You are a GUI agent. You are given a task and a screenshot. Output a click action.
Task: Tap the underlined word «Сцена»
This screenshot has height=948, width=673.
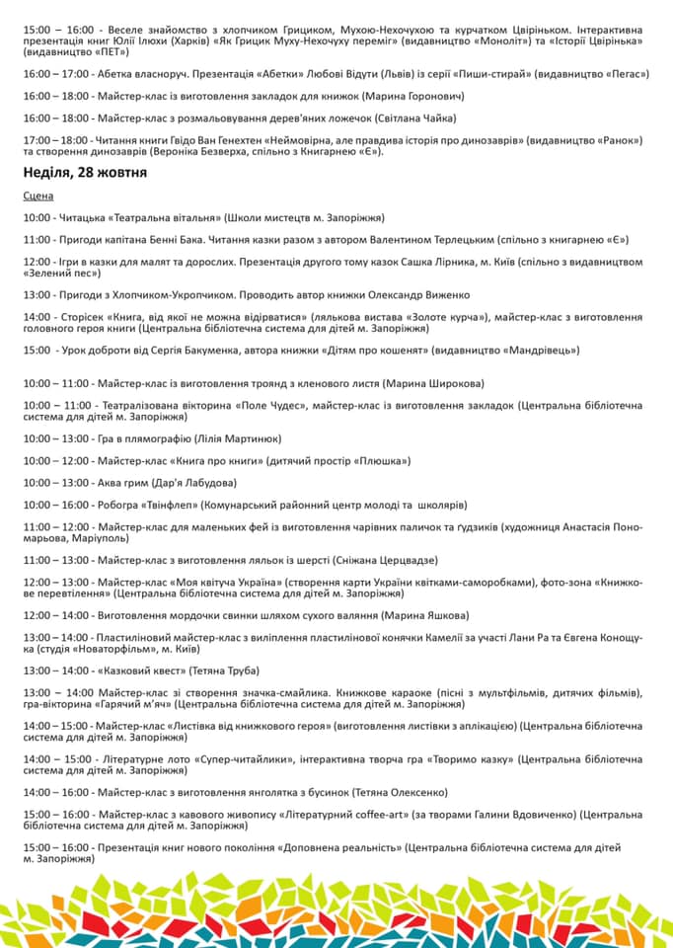pos(38,197)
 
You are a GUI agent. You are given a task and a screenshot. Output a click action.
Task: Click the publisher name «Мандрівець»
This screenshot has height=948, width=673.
pos(540,350)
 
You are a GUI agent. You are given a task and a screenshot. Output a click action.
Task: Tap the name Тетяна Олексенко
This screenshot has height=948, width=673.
pos(401,792)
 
